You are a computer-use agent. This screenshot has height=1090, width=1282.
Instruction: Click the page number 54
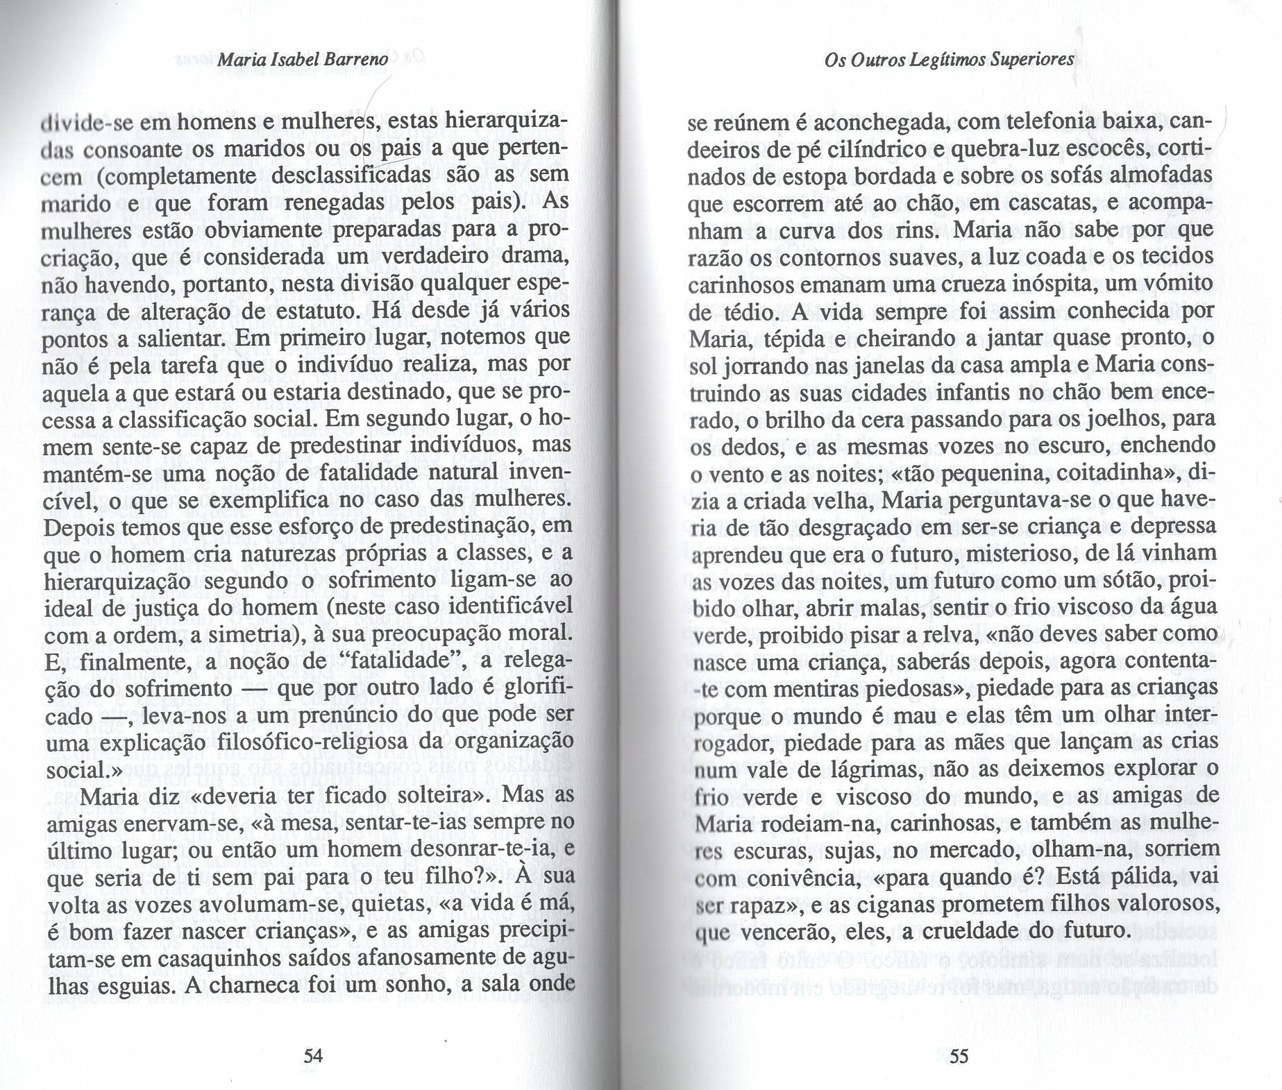(x=314, y=1056)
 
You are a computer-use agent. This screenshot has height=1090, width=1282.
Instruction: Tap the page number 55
(x=959, y=1057)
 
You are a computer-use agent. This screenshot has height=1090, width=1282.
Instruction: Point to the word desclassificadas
(x=350, y=176)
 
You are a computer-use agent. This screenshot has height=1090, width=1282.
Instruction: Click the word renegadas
(x=339, y=203)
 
